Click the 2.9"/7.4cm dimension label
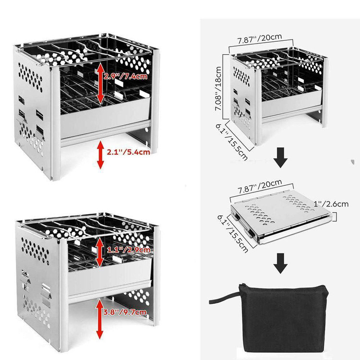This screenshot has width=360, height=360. (x=125, y=76)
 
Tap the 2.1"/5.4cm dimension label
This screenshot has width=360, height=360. (x=128, y=152)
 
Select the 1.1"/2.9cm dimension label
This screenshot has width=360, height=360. (x=129, y=250)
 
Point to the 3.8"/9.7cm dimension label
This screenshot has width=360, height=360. (x=125, y=312)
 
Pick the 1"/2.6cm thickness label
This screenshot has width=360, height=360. (x=331, y=204)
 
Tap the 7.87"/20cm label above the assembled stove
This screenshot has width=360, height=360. (x=259, y=39)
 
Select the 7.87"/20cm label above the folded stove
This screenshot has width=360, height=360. (x=260, y=186)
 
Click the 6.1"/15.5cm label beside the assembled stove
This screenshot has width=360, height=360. (x=231, y=142)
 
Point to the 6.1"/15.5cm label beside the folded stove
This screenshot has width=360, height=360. (x=233, y=234)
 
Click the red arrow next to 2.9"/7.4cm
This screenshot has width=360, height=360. (x=100, y=84)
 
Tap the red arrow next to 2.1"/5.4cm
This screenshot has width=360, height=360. (x=101, y=155)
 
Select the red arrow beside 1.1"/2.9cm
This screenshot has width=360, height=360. (x=100, y=252)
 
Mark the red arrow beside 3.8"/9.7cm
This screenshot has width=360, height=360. (x=100, y=319)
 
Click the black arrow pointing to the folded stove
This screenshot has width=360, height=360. (x=280, y=158)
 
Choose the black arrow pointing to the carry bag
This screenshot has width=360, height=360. (x=280, y=264)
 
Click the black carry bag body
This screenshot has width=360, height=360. (x=285, y=318)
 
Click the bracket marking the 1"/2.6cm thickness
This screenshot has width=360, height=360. (x=335, y=217)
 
